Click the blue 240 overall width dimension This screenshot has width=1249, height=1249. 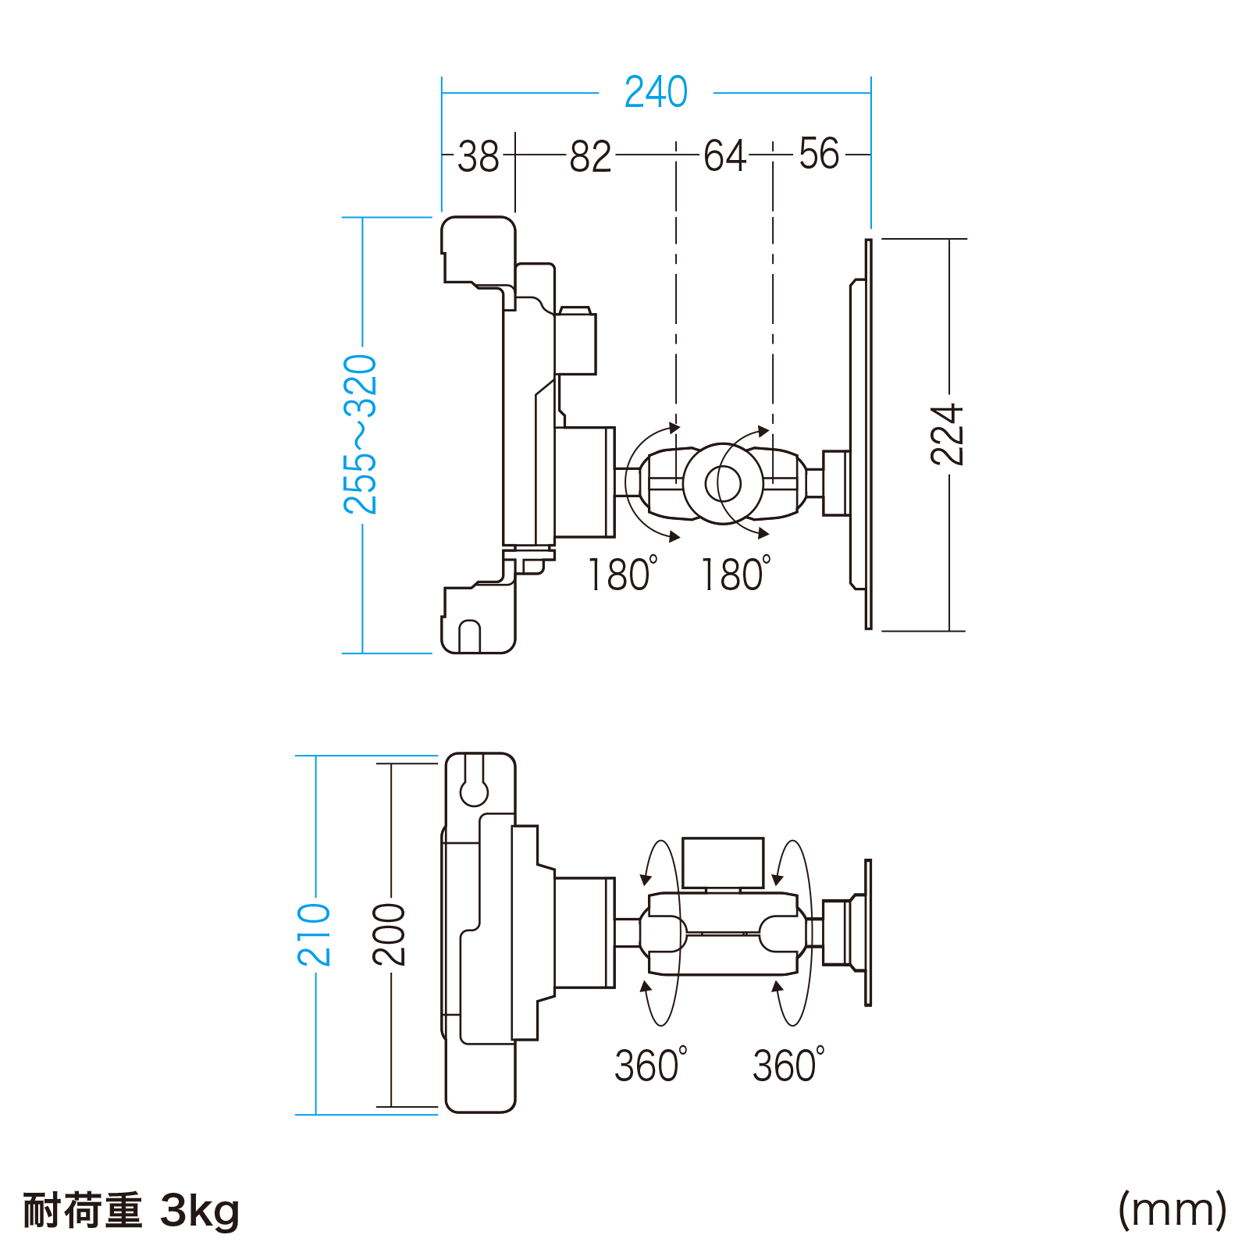[656, 92]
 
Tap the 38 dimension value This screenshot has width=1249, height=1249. [478, 157]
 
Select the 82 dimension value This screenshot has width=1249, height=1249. [590, 157]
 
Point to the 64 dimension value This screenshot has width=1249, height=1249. [724, 156]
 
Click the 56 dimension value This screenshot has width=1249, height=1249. [819, 154]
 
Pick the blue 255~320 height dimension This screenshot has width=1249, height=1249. [361, 434]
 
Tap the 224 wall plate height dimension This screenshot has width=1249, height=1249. [948, 435]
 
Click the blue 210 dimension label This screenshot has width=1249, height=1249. [315, 934]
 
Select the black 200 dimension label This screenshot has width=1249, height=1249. [389, 934]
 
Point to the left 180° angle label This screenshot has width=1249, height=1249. [621, 575]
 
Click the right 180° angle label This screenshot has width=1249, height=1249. [735, 575]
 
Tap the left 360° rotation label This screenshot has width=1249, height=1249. [650, 1065]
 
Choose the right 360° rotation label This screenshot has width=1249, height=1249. [788, 1065]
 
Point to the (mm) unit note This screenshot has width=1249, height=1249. [1172, 1210]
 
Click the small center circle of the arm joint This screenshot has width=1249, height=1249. [723, 484]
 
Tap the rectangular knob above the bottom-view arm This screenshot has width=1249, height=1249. [723, 863]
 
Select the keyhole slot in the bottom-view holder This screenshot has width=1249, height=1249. [474, 787]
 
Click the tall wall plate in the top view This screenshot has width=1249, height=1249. [868, 434]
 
